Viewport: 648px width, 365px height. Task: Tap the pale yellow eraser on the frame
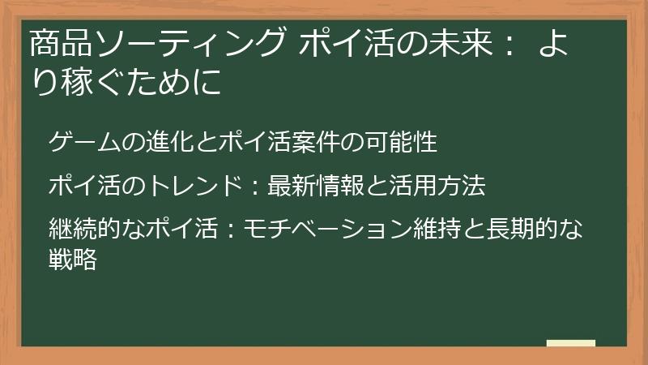(571, 344)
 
